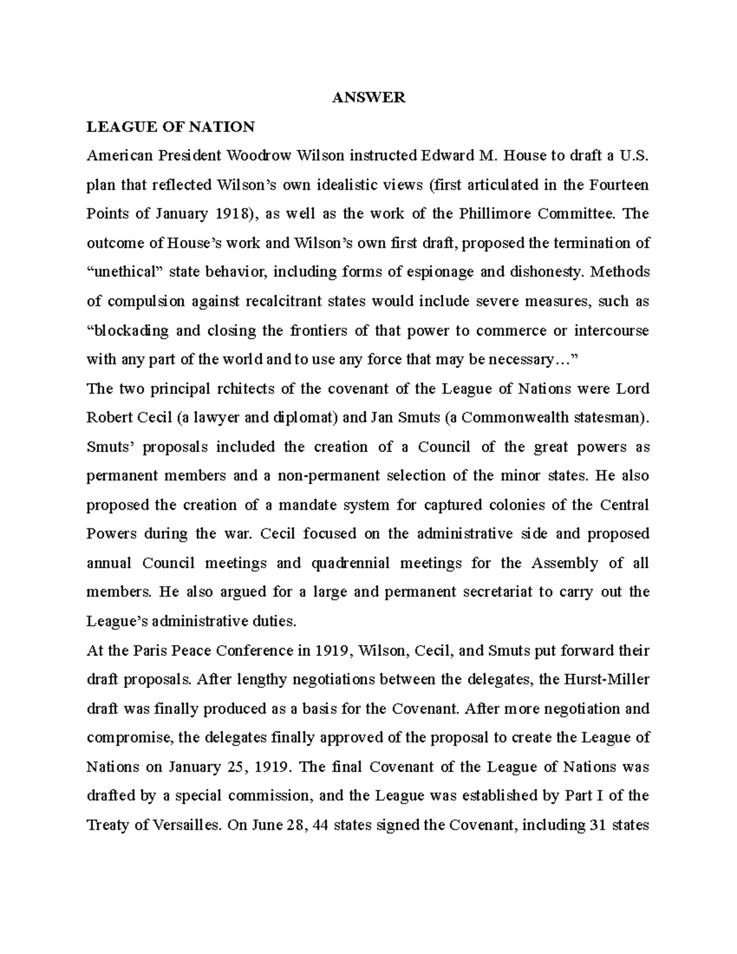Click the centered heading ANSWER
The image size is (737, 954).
pos(368,98)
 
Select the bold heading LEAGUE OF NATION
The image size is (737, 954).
pos(170,127)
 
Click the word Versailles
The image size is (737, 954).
pos(186,825)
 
